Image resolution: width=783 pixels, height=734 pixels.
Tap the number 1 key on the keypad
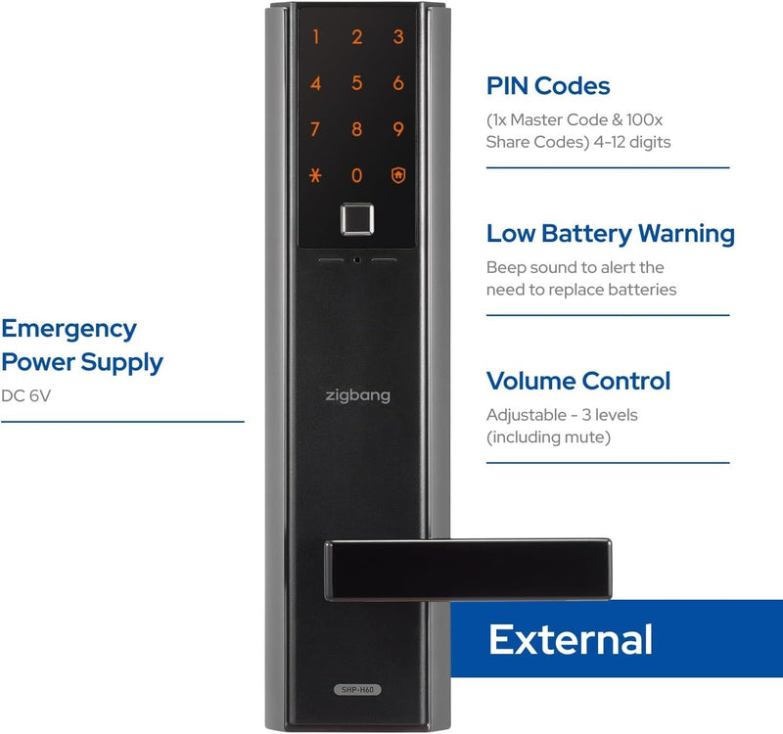315,37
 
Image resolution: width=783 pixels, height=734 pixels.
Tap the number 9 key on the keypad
398,129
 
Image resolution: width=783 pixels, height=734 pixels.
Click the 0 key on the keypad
356,176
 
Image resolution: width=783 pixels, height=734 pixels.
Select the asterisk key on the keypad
315,176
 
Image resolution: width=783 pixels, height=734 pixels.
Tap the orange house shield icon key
398,175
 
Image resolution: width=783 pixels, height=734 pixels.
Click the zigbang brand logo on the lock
357,395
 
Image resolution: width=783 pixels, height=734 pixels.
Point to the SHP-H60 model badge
357,690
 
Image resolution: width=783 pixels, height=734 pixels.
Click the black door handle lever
469,570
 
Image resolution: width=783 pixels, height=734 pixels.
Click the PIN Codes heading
548,86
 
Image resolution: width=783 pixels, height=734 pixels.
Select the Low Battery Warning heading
610,234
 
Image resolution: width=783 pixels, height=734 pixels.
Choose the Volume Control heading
578,381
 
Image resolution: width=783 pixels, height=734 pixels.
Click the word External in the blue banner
571,639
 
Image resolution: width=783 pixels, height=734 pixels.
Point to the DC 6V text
25,396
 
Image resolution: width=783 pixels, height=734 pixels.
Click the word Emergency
69,330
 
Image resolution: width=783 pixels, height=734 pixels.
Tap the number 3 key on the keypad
398,37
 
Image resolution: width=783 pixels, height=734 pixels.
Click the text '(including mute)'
548,437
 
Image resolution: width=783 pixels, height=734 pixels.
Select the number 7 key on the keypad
315,129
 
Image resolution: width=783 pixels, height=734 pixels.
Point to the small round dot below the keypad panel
356,260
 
